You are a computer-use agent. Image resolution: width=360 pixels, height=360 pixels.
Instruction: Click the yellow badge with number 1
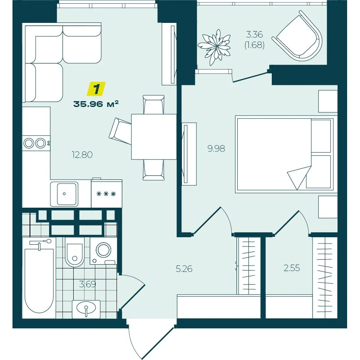coord(96,88)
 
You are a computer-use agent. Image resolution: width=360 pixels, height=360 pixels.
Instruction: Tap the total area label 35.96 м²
coord(96,104)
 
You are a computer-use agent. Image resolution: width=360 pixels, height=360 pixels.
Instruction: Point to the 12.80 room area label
coord(82,155)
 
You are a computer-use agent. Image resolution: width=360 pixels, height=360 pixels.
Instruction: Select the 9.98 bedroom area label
coord(216,149)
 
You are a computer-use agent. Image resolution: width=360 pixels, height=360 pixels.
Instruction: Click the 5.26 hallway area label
coord(184,268)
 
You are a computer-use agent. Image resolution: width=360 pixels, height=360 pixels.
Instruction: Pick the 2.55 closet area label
coord(292,268)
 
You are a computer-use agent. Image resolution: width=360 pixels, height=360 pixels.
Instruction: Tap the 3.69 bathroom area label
coord(87,284)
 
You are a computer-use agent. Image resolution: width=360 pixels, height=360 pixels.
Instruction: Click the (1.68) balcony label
coord(254,45)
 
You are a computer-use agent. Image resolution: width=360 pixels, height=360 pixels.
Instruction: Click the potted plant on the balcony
coord(214,47)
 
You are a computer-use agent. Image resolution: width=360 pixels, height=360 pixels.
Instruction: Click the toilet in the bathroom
coord(74,252)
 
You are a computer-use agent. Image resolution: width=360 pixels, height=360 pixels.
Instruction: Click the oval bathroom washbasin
coord(86,307)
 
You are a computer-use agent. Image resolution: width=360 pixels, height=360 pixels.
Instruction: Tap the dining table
coord(154,137)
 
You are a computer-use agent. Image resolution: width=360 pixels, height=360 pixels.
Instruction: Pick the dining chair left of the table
coord(120,131)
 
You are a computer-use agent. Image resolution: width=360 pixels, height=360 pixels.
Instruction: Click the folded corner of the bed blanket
coord(298,176)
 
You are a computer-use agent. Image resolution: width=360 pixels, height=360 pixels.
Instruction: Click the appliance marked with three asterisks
coord(106,194)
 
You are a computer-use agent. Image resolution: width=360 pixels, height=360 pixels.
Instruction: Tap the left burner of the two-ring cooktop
coord(29,143)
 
